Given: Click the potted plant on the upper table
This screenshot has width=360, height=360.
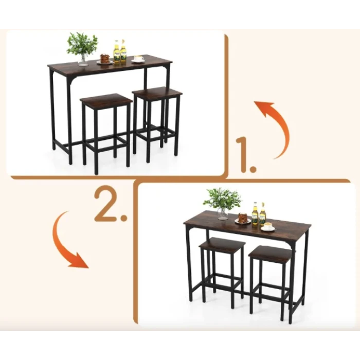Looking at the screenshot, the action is [x=82, y=49].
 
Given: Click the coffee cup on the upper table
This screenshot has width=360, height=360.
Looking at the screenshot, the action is [x=138, y=59].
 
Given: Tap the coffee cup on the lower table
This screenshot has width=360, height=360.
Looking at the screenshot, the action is [x=268, y=227].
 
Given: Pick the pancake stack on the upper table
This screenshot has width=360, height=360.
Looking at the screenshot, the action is [x=104, y=59].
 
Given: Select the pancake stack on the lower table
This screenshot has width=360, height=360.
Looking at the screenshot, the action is [x=242, y=218].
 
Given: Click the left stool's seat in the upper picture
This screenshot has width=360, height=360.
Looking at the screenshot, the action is [x=106, y=100].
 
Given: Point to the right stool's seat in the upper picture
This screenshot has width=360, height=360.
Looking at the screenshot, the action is [x=157, y=92].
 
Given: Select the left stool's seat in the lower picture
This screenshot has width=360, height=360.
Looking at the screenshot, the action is [x=222, y=244].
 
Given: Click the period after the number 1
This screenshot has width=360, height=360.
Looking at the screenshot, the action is [x=253, y=169].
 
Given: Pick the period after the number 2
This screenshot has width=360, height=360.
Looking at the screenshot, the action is [x=124, y=218].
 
